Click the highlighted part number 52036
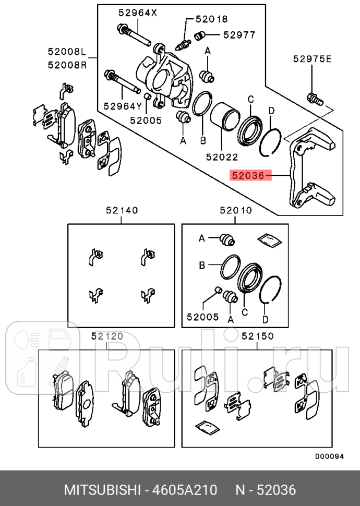[x=248, y=176]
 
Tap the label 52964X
[x=137, y=13]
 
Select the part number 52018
[x=211, y=19]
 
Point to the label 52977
[x=239, y=35]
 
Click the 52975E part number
[x=312, y=59]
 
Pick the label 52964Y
[x=123, y=106]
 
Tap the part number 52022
[x=222, y=156]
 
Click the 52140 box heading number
[x=122, y=210]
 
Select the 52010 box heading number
[x=236, y=210]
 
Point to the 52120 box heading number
[x=107, y=336]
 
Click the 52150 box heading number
[x=258, y=336]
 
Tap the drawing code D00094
[x=329, y=456]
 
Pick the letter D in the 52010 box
[x=265, y=319]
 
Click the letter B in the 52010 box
[x=202, y=266]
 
